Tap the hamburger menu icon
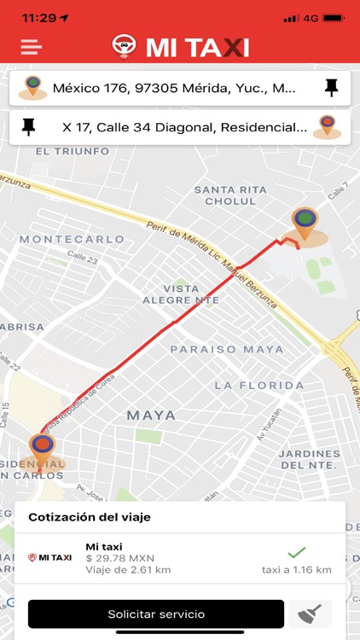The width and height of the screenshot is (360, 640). [x=32, y=46]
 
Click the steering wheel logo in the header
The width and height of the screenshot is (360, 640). [x=125, y=46]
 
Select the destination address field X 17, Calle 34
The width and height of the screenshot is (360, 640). [x=184, y=127]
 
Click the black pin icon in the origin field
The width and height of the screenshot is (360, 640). [x=332, y=87]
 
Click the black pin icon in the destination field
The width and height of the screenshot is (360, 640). [x=29, y=127]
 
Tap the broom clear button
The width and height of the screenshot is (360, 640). [x=308, y=614]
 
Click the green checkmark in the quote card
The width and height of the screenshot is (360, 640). [x=296, y=552]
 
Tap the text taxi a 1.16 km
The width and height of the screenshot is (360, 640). [x=296, y=569]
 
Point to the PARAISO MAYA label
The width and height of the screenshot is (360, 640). [x=226, y=349]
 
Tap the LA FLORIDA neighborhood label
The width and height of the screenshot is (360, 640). [x=259, y=386]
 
